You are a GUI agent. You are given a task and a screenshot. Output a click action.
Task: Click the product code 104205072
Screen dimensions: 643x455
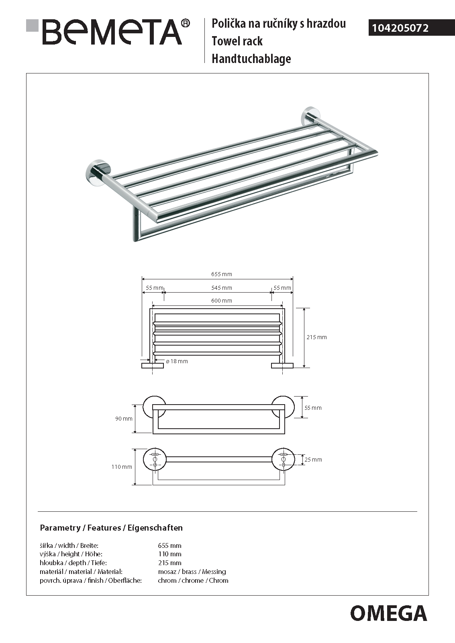click(x=400, y=28)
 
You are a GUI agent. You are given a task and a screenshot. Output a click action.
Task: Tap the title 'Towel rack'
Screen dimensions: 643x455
click(x=237, y=41)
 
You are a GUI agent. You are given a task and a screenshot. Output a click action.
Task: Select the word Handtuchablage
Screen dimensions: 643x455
click(x=251, y=59)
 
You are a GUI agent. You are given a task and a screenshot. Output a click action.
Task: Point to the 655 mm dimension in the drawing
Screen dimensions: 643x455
click(x=221, y=275)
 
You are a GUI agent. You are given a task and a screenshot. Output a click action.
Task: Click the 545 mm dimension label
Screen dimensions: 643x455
click(x=221, y=288)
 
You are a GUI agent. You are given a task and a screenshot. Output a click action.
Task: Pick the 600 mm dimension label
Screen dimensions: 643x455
click(x=221, y=301)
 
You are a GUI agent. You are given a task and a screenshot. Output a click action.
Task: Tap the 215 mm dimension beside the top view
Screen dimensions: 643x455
click(x=316, y=337)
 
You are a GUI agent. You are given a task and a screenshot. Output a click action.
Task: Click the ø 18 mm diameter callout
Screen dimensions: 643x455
click(x=177, y=361)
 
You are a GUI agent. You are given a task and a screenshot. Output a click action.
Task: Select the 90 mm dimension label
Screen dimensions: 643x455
click(x=124, y=419)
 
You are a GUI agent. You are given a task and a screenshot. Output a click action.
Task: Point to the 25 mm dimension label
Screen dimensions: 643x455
click(x=313, y=460)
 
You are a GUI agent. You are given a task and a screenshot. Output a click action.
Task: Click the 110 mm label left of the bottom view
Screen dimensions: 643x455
click(x=122, y=467)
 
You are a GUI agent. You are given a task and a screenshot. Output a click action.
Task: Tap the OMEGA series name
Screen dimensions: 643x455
click(x=388, y=613)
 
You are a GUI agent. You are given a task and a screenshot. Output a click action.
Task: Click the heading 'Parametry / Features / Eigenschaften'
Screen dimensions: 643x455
click(x=111, y=528)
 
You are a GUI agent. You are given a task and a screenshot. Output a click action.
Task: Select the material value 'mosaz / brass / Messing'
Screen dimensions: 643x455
click(x=192, y=572)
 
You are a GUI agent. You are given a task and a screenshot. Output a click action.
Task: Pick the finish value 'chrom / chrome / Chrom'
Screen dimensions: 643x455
click(x=193, y=580)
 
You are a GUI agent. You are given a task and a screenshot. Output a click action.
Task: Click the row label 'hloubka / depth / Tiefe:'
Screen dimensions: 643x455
click(x=73, y=563)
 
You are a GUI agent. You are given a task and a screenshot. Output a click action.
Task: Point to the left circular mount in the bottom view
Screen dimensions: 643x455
click(x=155, y=460)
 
